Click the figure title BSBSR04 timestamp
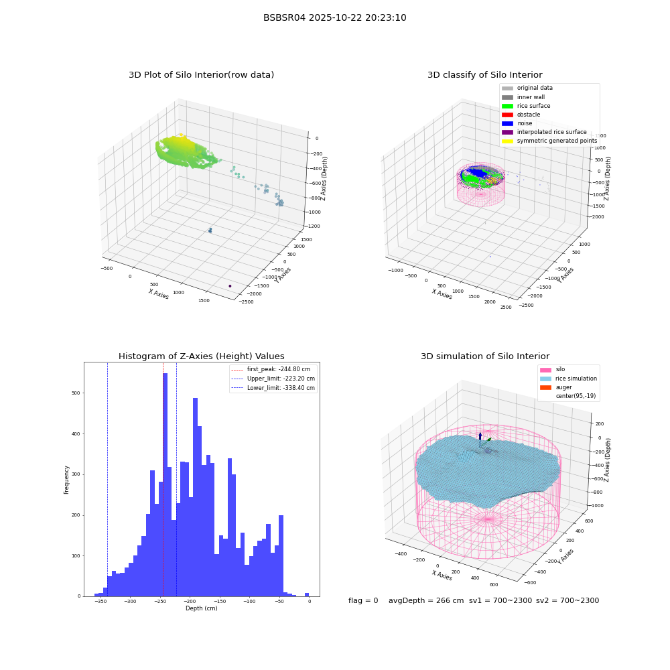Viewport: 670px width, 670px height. click(334, 17)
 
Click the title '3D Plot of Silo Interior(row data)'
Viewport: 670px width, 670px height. click(201, 75)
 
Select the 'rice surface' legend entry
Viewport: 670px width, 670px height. click(526, 106)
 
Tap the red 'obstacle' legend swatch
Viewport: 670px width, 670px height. click(507, 115)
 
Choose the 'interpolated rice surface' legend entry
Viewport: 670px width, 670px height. click(544, 132)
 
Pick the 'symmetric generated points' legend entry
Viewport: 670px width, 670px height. click(549, 141)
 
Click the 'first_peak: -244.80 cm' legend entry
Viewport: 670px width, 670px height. click(271, 369)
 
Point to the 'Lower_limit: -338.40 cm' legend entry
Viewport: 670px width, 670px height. click(273, 388)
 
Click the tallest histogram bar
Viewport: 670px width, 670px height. click(165, 484)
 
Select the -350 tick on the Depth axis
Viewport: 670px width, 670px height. click(100, 601)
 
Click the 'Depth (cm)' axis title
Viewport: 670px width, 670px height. click(201, 608)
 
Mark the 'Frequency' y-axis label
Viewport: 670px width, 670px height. click(66, 480)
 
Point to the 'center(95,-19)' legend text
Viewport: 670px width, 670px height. click(576, 396)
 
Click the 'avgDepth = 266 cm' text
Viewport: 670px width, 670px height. click(426, 600)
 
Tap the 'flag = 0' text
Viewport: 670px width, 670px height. click(363, 600)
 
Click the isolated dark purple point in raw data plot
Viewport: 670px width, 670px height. click(230, 286)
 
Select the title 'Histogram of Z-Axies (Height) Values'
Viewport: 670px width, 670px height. click(201, 356)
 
